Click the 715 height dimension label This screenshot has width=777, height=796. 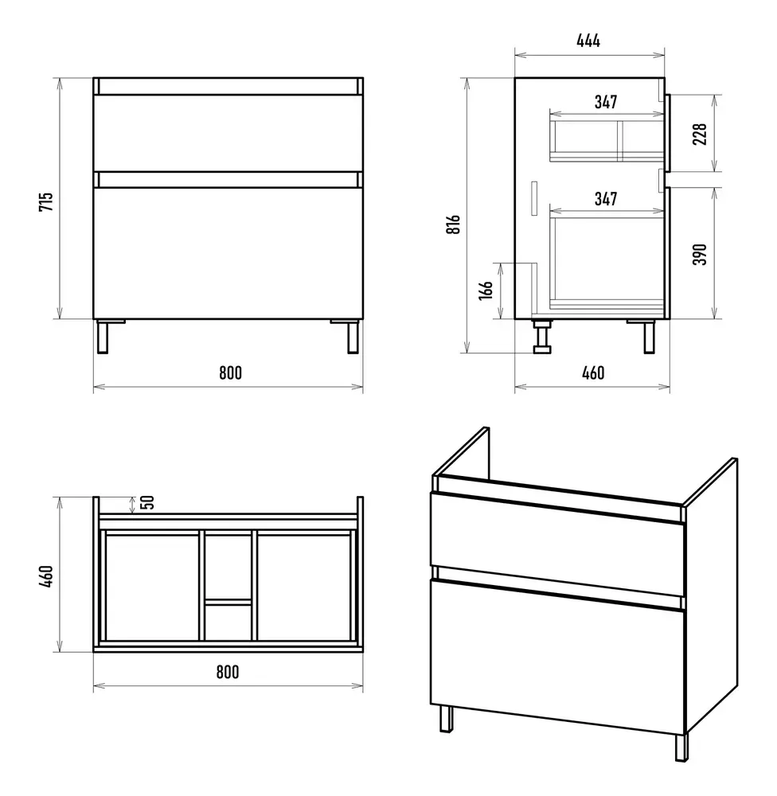coord(45,201)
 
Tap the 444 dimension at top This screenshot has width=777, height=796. coord(588,41)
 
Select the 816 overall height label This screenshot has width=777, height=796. coord(453,224)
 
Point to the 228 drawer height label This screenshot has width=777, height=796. coord(700,134)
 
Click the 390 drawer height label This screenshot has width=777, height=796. coord(700,255)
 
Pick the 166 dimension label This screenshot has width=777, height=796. coord(486,290)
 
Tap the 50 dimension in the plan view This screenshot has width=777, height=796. coord(147,502)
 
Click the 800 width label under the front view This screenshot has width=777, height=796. coord(231,373)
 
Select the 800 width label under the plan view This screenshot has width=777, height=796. coord(228,672)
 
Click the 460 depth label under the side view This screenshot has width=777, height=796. coord(593,373)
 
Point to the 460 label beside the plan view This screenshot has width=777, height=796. coord(45,576)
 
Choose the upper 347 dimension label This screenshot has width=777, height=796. coord(606,102)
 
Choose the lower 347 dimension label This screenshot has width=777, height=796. coord(606,198)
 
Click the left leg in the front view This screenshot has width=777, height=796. coord(103,337)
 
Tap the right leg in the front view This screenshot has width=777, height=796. coord(353,337)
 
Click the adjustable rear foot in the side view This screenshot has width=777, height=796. coord(542,336)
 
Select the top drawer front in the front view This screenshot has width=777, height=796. coord(228,133)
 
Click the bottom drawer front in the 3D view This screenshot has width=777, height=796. coord(558,657)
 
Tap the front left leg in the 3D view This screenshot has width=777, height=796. coord(446,718)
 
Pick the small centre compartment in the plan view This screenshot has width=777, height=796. coord(228,622)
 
